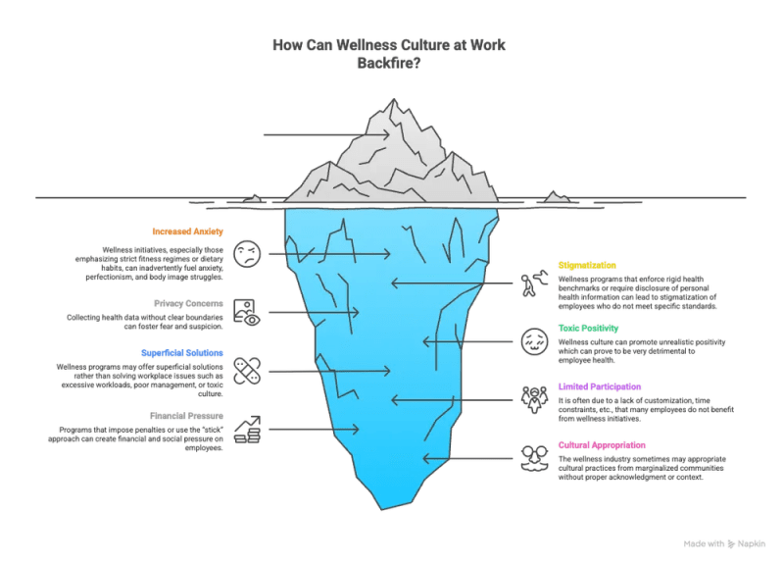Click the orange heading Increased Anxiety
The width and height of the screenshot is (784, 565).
tap(187, 231)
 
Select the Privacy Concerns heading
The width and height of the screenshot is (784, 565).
tap(188, 303)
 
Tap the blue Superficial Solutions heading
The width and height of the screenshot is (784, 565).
tap(182, 353)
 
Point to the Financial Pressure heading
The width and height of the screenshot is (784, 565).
tap(186, 416)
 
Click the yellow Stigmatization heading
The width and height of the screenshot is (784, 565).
tap(587, 265)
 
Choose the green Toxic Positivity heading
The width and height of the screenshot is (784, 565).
tap(589, 329)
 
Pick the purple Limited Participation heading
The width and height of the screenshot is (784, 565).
tap(600, 386)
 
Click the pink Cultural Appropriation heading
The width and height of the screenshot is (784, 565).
tap(602, 445)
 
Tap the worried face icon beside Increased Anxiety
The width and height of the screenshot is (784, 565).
tap(247, 254)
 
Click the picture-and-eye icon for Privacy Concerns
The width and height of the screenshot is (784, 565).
tap(247, 313)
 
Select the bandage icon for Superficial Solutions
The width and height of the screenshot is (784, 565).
tap(247, 372)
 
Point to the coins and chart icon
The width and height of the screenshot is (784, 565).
tap(248, 430)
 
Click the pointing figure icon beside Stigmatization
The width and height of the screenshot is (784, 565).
tap(534, 283)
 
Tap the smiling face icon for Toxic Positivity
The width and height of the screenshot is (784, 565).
tap(534, 341)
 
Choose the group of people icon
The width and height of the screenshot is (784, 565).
tap(534, 400)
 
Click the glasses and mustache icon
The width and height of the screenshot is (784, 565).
tap(534, 458)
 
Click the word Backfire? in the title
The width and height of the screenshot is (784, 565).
tap(389, 64)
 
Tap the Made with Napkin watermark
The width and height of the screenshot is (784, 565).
tap(724, 544)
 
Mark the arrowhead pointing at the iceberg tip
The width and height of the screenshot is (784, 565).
tap(386, 134)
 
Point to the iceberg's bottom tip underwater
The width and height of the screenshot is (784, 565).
tap(382, 509)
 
